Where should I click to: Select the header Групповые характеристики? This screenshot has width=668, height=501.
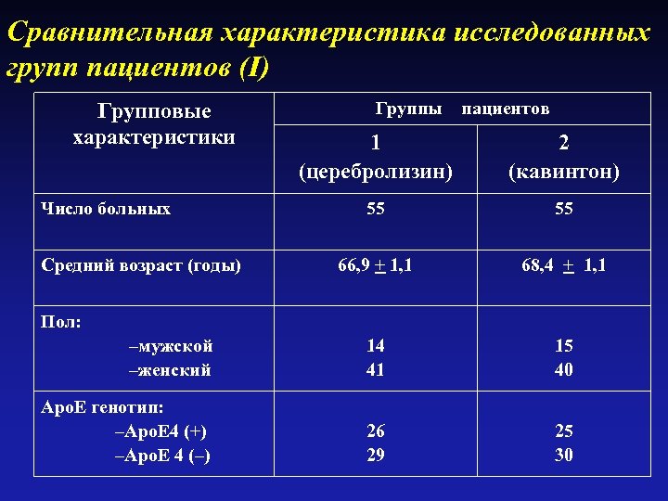tap(154, 124)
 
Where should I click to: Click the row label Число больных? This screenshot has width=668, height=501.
tap(106, 209)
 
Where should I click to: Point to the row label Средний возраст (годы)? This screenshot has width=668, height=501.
tap(141, 265)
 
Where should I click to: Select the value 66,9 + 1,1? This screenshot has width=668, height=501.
tap(375, 265)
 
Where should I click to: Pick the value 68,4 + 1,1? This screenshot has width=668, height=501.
tap(564, 265)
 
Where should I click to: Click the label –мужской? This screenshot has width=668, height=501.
tap(171, 346)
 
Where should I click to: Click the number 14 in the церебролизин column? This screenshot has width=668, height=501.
tap(375, 346)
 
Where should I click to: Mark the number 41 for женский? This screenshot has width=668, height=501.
tap(375, 370)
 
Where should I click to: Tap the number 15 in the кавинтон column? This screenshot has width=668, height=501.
tap(564, 346)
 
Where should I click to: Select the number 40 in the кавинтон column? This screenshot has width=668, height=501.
tap(564, 370)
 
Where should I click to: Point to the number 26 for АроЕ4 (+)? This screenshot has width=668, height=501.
tap(375, 431)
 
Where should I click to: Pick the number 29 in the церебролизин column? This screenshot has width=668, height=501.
tap(375, 455)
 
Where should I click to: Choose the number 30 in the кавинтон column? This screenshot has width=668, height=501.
tap(564, 455)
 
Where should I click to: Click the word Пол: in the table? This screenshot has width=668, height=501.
tap(61, 322)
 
